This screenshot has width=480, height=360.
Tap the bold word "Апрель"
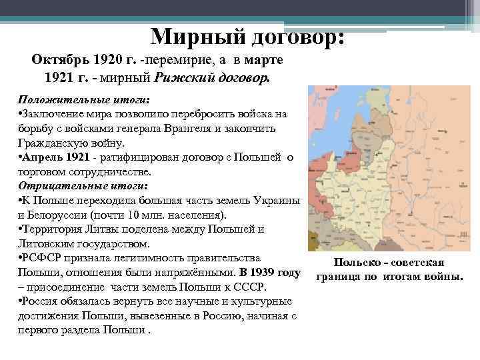point(41,157)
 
